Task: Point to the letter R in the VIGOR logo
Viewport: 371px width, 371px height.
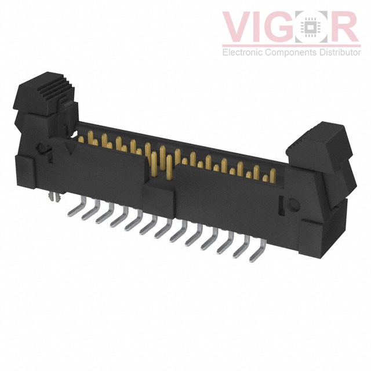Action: [347, 27]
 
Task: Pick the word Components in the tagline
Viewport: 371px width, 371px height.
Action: [288, 53]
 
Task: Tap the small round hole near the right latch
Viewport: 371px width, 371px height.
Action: [293, 204]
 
